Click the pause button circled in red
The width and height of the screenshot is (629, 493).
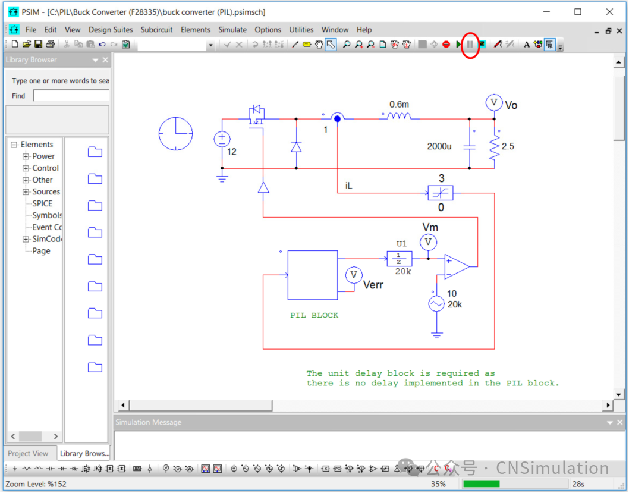(470, 45)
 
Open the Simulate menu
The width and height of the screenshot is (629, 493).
(232, 29)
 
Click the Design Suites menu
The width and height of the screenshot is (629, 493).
(111, 29)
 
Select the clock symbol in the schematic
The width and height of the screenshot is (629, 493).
(176, 133)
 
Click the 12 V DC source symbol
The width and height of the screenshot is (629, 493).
(222, 139)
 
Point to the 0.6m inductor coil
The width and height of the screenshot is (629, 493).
(399, 117)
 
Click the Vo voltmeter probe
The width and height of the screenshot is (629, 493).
(493, 103)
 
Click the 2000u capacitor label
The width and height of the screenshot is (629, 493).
(439, 146)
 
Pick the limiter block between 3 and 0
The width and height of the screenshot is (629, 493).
(440, 193)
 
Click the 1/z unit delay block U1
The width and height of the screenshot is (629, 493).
(399, 259)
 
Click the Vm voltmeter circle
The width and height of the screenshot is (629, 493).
(428, 242)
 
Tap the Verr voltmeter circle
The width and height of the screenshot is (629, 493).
(354, 275)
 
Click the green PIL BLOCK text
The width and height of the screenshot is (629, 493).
(314, 315)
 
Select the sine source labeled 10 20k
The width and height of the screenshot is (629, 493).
(437, 304)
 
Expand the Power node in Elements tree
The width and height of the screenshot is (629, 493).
(26, 156)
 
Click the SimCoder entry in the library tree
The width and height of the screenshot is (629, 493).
(46, 239)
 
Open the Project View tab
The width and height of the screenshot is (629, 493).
(28, 453)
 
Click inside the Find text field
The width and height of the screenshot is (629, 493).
(71, 96)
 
